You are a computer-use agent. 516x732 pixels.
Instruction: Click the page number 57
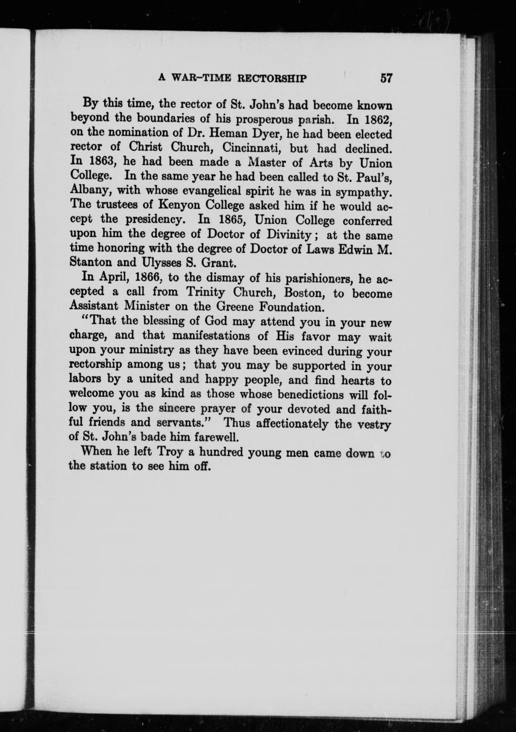[386, 78]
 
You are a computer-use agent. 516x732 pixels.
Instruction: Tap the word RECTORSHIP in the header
[272, 78]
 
